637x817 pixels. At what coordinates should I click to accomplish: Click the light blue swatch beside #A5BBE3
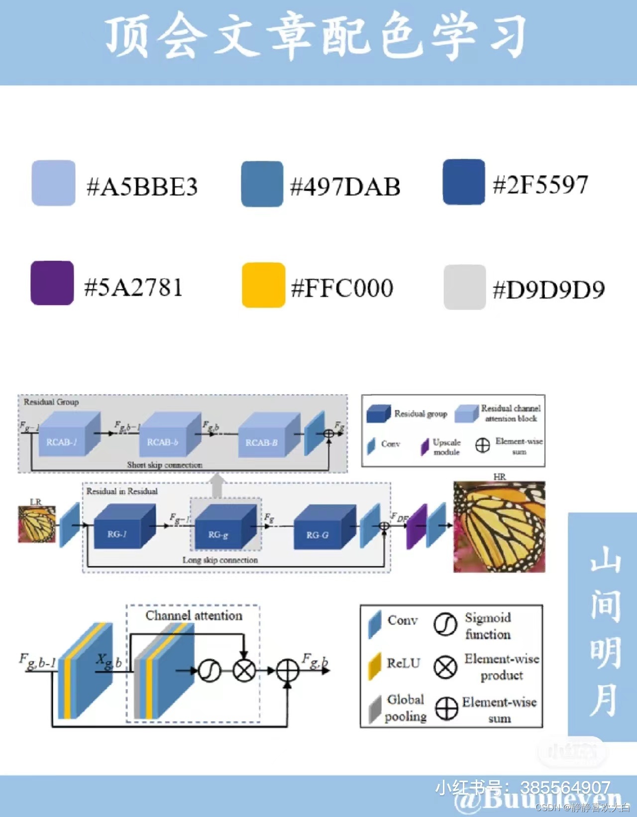click(x=53, y=183)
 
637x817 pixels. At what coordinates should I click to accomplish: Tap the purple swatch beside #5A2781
click(x=52, y=283)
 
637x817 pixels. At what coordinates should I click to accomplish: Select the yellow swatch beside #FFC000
click(x=263, y=285)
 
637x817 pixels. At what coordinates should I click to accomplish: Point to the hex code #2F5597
click(x=540, y=185)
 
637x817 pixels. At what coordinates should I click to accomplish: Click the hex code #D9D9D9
click(x=548, y=290)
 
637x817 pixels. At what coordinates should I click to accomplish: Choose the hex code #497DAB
click(x=345, y=187)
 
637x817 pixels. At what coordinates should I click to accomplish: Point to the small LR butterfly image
click(x=37, y=524)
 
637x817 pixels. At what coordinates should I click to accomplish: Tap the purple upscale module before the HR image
click(x=417, y=526)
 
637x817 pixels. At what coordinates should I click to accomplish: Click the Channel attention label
click(x=194, y=615)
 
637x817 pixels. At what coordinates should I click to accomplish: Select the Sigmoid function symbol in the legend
click(x=445, y=624)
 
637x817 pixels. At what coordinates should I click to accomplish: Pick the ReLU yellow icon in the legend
click(x=374, y=666)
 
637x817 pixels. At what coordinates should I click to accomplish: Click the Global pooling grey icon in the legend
click(x=375, y=709)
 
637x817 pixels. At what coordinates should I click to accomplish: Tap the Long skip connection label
click(x=220, y=560)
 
